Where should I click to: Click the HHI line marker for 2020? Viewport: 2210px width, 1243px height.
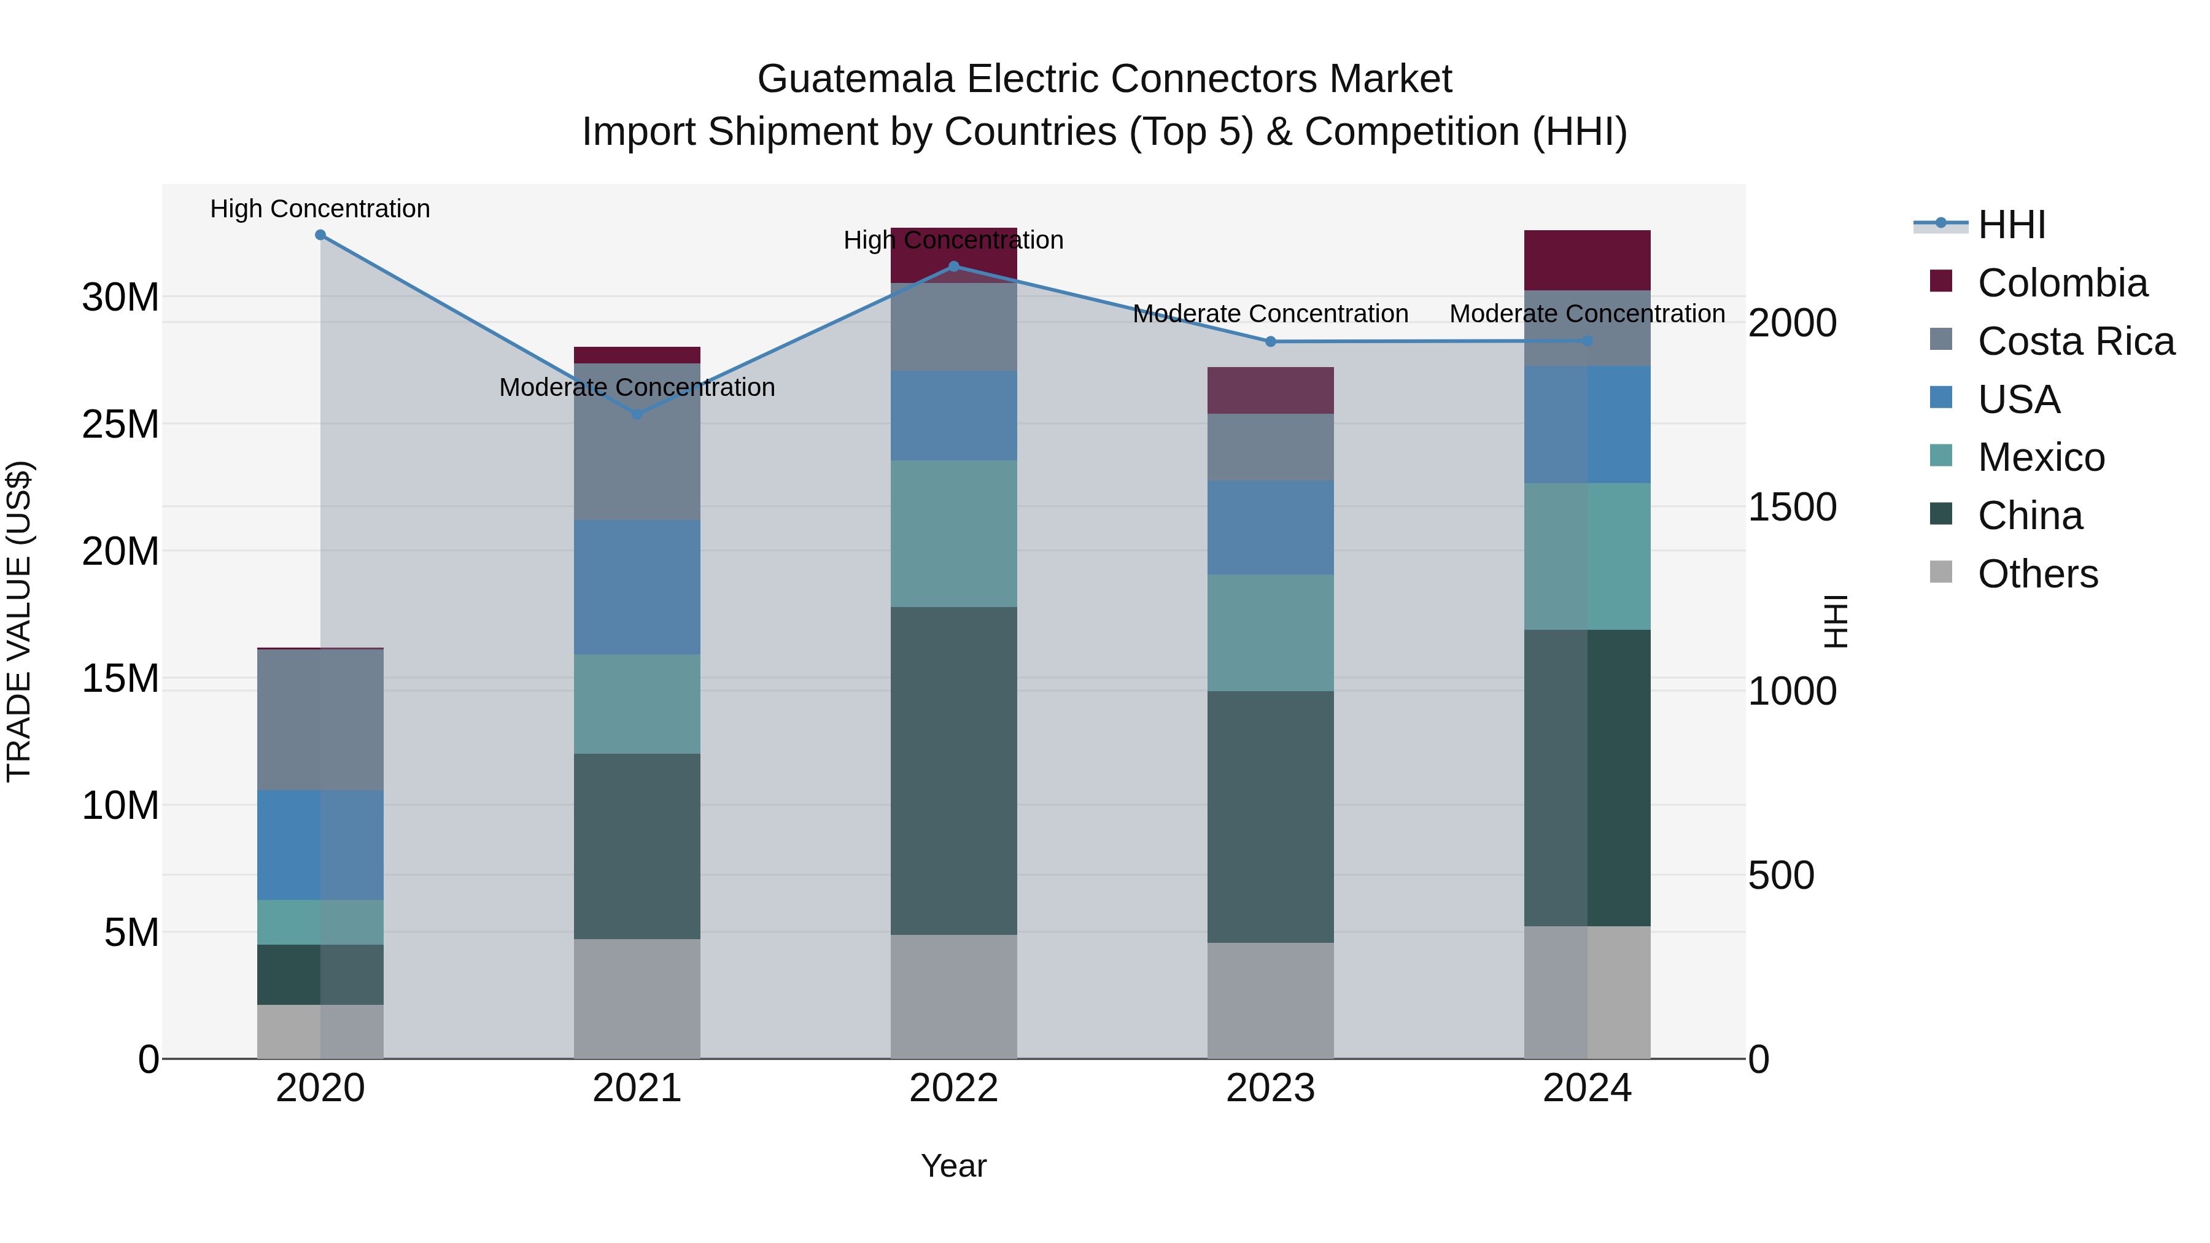320,234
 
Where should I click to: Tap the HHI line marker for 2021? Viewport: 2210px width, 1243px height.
637,414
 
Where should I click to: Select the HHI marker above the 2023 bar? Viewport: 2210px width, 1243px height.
1271,341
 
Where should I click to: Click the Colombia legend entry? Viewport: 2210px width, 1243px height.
2061,283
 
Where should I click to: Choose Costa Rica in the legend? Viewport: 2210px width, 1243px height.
2076,341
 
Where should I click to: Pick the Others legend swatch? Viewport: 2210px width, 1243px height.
1941,572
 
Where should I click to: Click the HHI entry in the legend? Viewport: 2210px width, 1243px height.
2011,225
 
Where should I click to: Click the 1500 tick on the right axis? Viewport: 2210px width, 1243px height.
1791,506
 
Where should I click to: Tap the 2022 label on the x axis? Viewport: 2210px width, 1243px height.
953,1088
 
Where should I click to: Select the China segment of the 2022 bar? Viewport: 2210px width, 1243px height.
953,770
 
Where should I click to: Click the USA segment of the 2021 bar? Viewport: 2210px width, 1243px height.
637,587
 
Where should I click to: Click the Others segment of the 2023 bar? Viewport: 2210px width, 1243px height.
1271,1001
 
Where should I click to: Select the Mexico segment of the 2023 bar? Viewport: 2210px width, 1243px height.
1271,632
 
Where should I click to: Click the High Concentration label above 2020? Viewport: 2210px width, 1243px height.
320,209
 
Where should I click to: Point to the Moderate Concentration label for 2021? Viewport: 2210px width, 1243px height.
637,388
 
